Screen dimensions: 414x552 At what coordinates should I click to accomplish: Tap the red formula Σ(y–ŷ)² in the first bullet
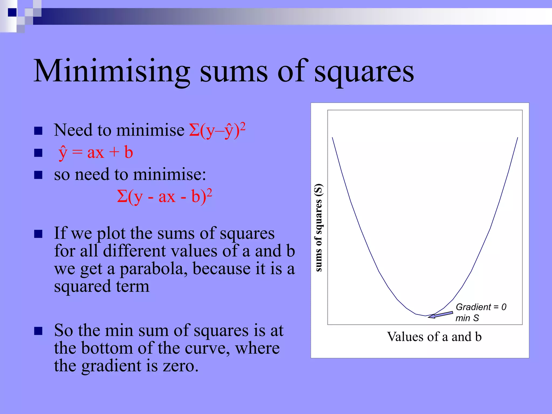pos(217,130)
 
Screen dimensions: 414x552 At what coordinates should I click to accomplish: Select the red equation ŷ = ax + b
pos(96,153)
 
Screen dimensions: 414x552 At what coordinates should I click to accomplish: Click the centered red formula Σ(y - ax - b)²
pos(164,196)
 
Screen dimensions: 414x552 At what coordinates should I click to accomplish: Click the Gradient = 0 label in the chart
pos(481,307)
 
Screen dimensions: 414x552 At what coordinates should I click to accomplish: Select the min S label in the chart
pos(467,318)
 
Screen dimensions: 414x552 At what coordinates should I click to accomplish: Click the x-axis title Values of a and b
pos(434,337)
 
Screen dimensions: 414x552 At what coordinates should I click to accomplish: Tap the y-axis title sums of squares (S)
pos(319,227)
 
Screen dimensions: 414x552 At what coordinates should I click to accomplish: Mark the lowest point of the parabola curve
pos(425,316)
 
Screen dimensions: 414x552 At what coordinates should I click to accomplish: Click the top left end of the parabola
pos(332,138)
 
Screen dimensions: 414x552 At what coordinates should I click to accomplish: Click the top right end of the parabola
pos(517,138)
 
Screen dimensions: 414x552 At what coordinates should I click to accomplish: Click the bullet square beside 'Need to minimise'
pos(39,131)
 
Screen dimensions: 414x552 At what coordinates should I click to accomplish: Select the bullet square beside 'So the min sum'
pos(39,331)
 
